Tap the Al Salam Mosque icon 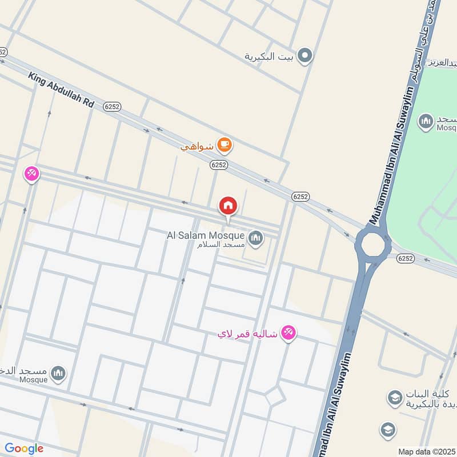[x=255, y=236]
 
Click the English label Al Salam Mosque [x=205, y=235]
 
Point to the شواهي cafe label [x=197, y=147]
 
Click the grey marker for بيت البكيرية [x=306, y=55]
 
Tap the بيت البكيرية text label [x=268, y=56]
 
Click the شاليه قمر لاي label [x=247, y=334]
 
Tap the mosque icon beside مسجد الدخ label [x=58, y=374]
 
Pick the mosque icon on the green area [x=426, y=121]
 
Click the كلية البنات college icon [x=394, y=398]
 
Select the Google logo [x=23, y=448]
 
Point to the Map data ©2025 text [x=426, y=451]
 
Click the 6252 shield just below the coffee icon [x=218, y=165]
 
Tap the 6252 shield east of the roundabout [x=405, y=258]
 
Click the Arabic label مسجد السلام [x=221, y=244]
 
